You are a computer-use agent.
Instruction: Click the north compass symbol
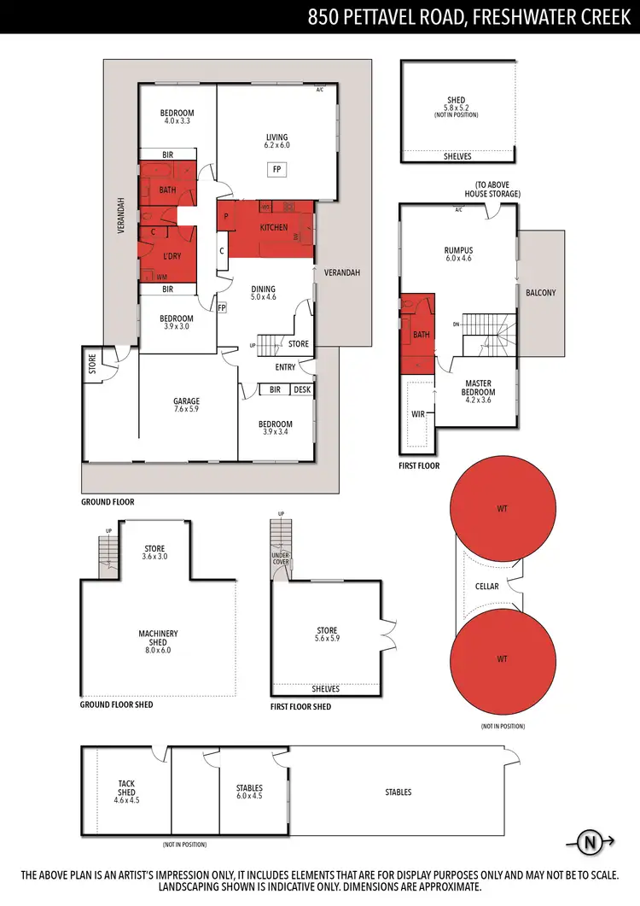coord(589,843)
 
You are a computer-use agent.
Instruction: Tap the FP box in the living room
coord(276,170)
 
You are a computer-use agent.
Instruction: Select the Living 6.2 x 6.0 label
coord(276,141)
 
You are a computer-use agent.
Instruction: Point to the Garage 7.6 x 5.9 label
coord(186,406)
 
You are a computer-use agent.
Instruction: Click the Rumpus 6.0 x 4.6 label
coord(457,254)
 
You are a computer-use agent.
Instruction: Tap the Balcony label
coord(540,293)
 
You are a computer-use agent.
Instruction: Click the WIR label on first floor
coord(419,414)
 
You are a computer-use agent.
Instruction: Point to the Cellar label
coord(486,587)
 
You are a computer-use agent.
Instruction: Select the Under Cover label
coord(281,558)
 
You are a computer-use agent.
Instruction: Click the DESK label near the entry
coord(301,389)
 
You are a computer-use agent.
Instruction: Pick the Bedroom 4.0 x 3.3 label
coord(177,117)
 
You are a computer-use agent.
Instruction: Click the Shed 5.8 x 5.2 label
coord(457,103)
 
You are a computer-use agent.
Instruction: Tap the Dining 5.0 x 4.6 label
coord(263,293)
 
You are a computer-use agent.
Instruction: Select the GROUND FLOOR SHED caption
coord(117,705)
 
